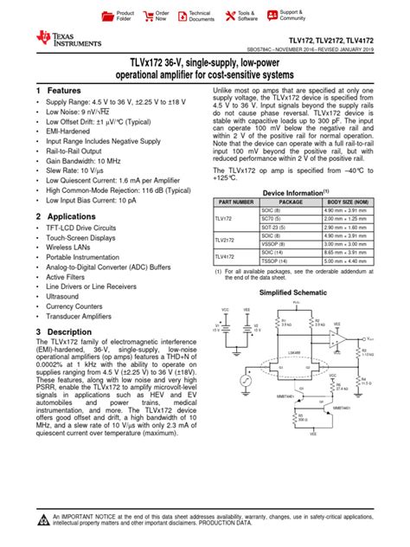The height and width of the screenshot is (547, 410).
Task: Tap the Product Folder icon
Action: [107, 16]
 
